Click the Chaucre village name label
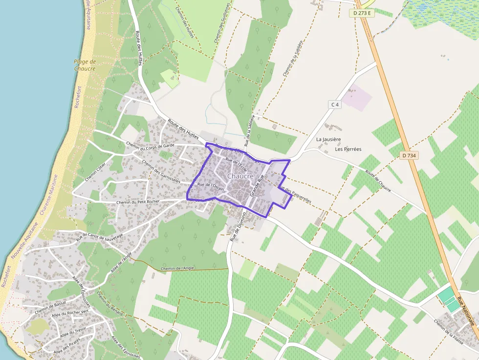click(x=240, y=176)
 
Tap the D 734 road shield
click(x=409, y=155)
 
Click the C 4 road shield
click(x=334, y=105)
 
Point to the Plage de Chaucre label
click(x=84, y=65)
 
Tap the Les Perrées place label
click(x=348, y=149)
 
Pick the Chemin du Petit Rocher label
click(x=138, y=202)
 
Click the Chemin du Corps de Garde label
click(x=150, y=145)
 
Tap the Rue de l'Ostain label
click(x=210, y=186)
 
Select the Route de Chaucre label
click(x=378, y=181)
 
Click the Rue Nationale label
click(x=465, y=312)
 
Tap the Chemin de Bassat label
click(x=50, y=307)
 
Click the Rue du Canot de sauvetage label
click(x=99, y=235)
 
